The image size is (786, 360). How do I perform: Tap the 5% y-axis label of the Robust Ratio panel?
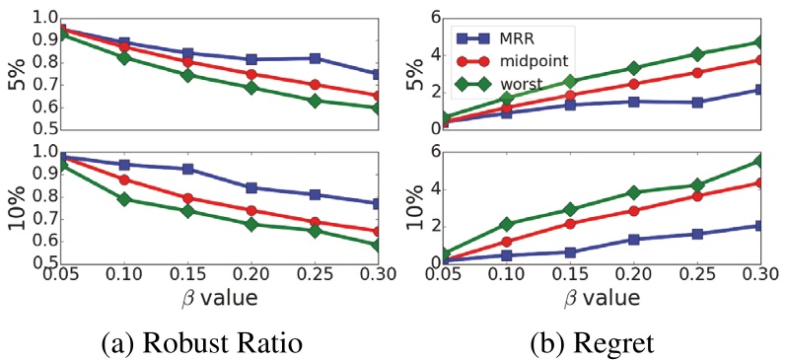coord(17,73)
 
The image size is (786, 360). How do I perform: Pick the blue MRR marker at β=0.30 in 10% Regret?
coord(757,226)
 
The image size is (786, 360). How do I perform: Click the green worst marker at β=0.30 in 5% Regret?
coord(757,42)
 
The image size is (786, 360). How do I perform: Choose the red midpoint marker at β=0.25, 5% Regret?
coord(697,73)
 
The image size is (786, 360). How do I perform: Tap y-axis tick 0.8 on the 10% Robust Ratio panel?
coord(41,195)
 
